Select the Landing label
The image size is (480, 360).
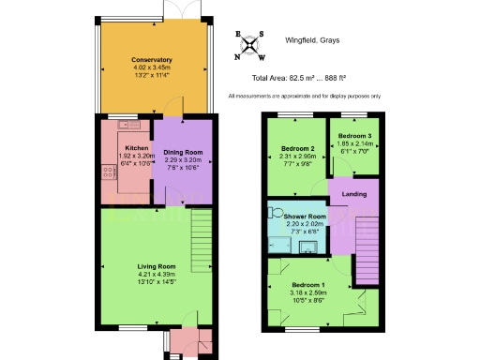pyautogui.click(x=352, y=195)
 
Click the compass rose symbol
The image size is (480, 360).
pyautogui.click(x=250, y=46)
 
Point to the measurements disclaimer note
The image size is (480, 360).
pyautogui.click(x=304, y=96)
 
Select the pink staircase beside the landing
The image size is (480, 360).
pyautogui.click(x=366, y=253)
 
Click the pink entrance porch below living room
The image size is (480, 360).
pyautogui.click(x=185, y=341)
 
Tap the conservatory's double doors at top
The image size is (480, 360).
pyautogui.click(x=175, y=9)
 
